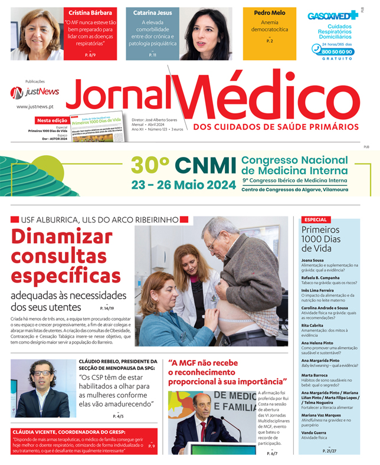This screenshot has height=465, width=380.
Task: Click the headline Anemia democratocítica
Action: pyautogui.click(x=270, y=26)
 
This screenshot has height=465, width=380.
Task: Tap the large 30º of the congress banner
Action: pyautogui.click(x=150, y=166)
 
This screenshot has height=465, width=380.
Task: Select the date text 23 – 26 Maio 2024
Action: pyautogui.click(x=183, y=185)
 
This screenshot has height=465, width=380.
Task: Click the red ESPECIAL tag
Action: pyautogui.click(x=315, y=220)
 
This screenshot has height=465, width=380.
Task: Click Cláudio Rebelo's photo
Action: pyautogui.click(x=43, y=388)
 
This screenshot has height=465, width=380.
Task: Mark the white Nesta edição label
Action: pyautogui.click(x=51, y=120)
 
